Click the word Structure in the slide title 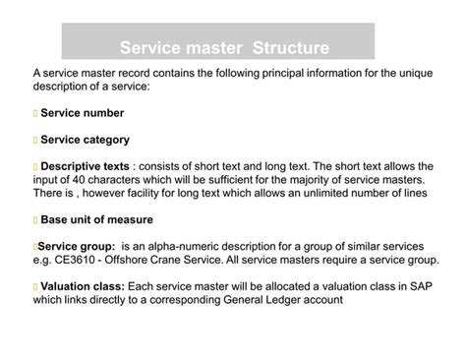(x=290, y=47)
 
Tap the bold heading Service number (x=82, y=113)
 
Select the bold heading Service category (x=85, y=140)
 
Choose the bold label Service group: (x=77, y=245)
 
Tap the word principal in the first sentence (x=278, y=74)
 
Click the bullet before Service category (x=34, y=140)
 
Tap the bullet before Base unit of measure (x=34, y=219)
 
